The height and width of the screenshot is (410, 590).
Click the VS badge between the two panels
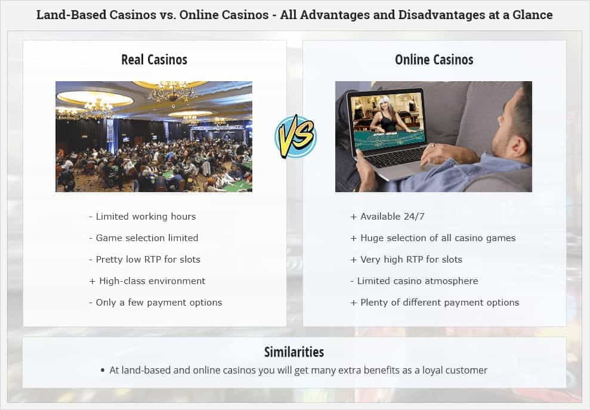[295, 137]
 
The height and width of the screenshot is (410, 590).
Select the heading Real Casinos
[154, 60]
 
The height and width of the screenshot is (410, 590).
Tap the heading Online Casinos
[434, 60]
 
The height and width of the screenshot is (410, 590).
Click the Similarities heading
[294, 352]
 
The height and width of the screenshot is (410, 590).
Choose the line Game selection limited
[143, 238]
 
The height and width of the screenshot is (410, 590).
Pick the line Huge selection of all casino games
[433, 238]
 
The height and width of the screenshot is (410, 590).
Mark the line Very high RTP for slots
[406, 260]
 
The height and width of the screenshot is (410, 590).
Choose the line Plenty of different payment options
[435, 303]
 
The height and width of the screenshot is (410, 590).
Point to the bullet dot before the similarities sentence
[103, 371]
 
